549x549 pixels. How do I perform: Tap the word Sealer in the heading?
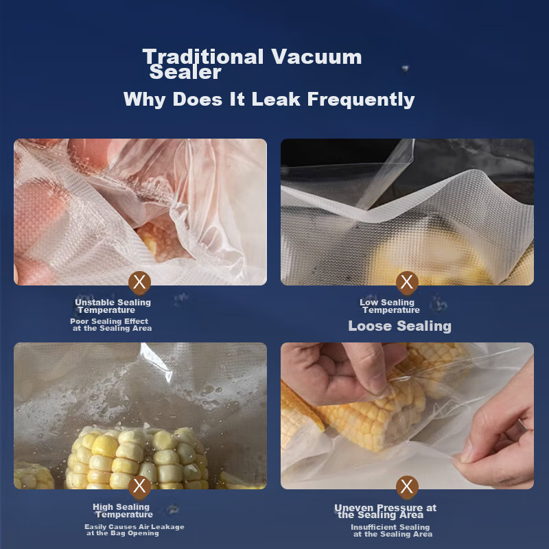pos(185,72)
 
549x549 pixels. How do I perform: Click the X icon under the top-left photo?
pos(141,281)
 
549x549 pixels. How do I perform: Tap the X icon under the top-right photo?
pos(408,281)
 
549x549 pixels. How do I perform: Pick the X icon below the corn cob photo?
pos(141,487)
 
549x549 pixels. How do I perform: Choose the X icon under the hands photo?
pos(408,487)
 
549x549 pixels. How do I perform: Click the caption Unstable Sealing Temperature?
pos(113,306)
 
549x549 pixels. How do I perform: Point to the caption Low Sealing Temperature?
pos(388,306)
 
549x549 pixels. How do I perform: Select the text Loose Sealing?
pos(399,326)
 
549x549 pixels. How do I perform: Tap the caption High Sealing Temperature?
pos(122,511)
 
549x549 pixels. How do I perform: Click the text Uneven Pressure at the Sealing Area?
pos(385,511)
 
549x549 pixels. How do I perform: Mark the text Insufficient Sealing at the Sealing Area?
pos(390,530)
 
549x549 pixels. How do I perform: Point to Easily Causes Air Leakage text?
pos(135,527)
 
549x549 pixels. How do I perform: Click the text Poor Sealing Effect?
pos(109,321)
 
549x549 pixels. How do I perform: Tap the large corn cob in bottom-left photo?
pos(137,456)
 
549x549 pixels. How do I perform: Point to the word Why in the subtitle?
pos(145,100)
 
